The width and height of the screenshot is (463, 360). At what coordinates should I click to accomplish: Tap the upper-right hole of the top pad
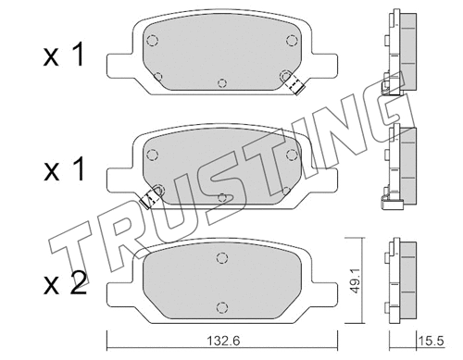292,39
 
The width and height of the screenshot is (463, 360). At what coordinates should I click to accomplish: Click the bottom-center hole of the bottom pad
223,307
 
